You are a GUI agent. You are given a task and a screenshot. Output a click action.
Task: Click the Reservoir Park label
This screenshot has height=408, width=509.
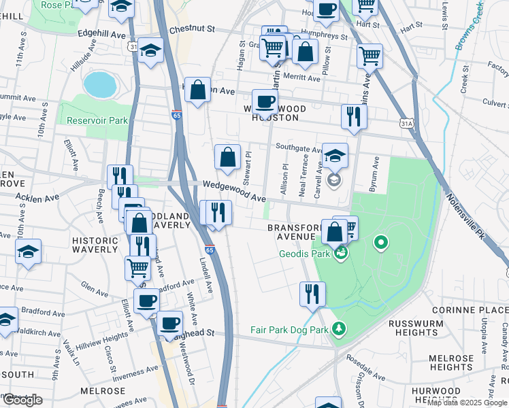click(x=97, y=120)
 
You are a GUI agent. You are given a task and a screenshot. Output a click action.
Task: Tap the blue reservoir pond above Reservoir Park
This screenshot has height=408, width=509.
click(x=99, y=84)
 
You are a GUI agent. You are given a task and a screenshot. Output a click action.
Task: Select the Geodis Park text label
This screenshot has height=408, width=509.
click(x=304, y=255)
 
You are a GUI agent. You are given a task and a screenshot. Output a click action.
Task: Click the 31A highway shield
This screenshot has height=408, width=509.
click(x=407, y=123)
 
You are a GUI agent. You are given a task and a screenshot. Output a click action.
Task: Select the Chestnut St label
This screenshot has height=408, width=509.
click(x=192, y=30)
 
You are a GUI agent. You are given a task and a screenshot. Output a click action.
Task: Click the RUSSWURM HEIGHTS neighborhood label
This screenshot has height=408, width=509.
click(x=416, y=328)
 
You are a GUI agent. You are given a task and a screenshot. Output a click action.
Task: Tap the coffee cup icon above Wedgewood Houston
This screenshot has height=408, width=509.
click(x=265, y=102)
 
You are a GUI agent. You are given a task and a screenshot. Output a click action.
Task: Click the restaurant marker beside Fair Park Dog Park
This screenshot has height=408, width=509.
click(x=312, y=293)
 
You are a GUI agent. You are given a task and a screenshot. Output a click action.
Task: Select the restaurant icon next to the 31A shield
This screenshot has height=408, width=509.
click(x=354, y=116)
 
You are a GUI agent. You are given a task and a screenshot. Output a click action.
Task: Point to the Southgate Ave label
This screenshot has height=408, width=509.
click(x=299, y=150)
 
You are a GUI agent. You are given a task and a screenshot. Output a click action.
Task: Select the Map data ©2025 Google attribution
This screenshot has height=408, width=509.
click(x=467, y=403)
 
